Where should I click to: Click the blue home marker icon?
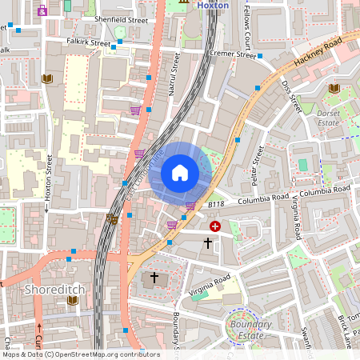(180, 172)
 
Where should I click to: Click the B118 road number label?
(215, 206)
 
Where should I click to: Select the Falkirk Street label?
(89, 43)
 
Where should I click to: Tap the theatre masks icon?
(113, 218)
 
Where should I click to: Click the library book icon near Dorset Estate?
(334, 88)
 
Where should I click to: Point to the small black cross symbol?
(209, 242)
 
